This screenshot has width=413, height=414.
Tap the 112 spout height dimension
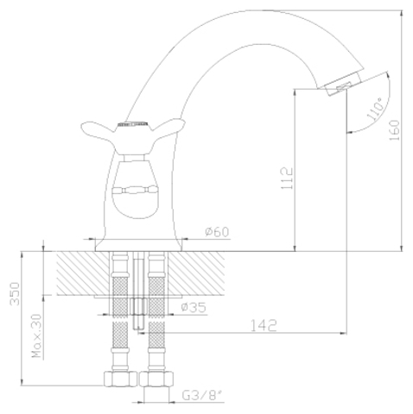pyautogui.click(x=287, y=179)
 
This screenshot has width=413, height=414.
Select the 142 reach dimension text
pyautogui.click(x=264, y=325)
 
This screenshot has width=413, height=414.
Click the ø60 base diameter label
pyautogui.click(x=217, y=232)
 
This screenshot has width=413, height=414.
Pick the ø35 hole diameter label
pyautogui.click(x=194, y=307)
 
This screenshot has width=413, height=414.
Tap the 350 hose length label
pyautogui.click(x=15, y=293)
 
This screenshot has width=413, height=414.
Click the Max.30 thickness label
pyautogui.click(x=37, y=336)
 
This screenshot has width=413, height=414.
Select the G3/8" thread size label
pyautogui.click(x=203, y=396)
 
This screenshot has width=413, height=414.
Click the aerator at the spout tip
pyautogui.click(x=343, y=85)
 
